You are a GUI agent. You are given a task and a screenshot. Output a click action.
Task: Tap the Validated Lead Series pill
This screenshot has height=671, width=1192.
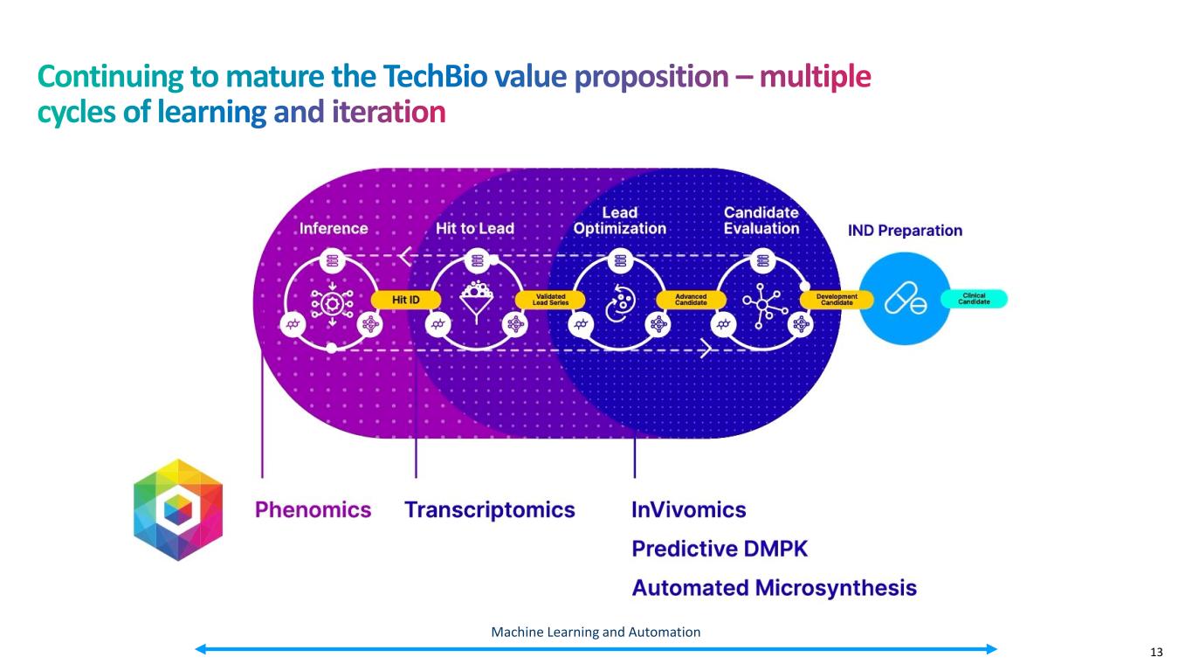coord(550,299)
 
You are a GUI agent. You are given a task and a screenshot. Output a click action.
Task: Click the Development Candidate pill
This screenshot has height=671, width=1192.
coord(837,299)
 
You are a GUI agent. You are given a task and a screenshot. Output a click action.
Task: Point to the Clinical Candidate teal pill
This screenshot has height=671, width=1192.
coord(974,299)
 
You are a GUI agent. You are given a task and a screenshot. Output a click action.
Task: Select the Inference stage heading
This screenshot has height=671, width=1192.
coord(334,229)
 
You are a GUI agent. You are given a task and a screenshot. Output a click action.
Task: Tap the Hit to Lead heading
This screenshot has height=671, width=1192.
coord(475,229)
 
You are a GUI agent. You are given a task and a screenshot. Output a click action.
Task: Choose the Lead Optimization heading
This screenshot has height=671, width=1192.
coord(620,220)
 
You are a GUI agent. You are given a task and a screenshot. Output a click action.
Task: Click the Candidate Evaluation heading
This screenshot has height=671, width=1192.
coord(761,220)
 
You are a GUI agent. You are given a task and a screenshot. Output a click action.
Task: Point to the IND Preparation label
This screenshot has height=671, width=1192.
coord(906,231)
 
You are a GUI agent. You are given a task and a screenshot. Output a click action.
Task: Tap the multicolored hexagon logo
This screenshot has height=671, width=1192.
coord(178,509)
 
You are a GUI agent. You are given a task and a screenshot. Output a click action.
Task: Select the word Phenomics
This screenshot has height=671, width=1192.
coord(313,510)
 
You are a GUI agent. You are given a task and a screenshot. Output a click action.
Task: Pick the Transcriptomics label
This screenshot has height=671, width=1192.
coord(490,510)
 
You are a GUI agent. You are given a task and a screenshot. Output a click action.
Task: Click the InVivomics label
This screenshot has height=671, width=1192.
coord(689,510)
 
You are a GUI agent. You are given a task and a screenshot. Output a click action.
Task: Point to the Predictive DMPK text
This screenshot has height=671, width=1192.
coord(720,549)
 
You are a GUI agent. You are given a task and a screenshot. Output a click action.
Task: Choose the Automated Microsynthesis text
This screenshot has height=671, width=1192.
coord(775,587)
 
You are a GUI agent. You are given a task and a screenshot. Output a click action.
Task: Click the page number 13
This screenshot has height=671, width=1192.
coord(1157,652)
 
